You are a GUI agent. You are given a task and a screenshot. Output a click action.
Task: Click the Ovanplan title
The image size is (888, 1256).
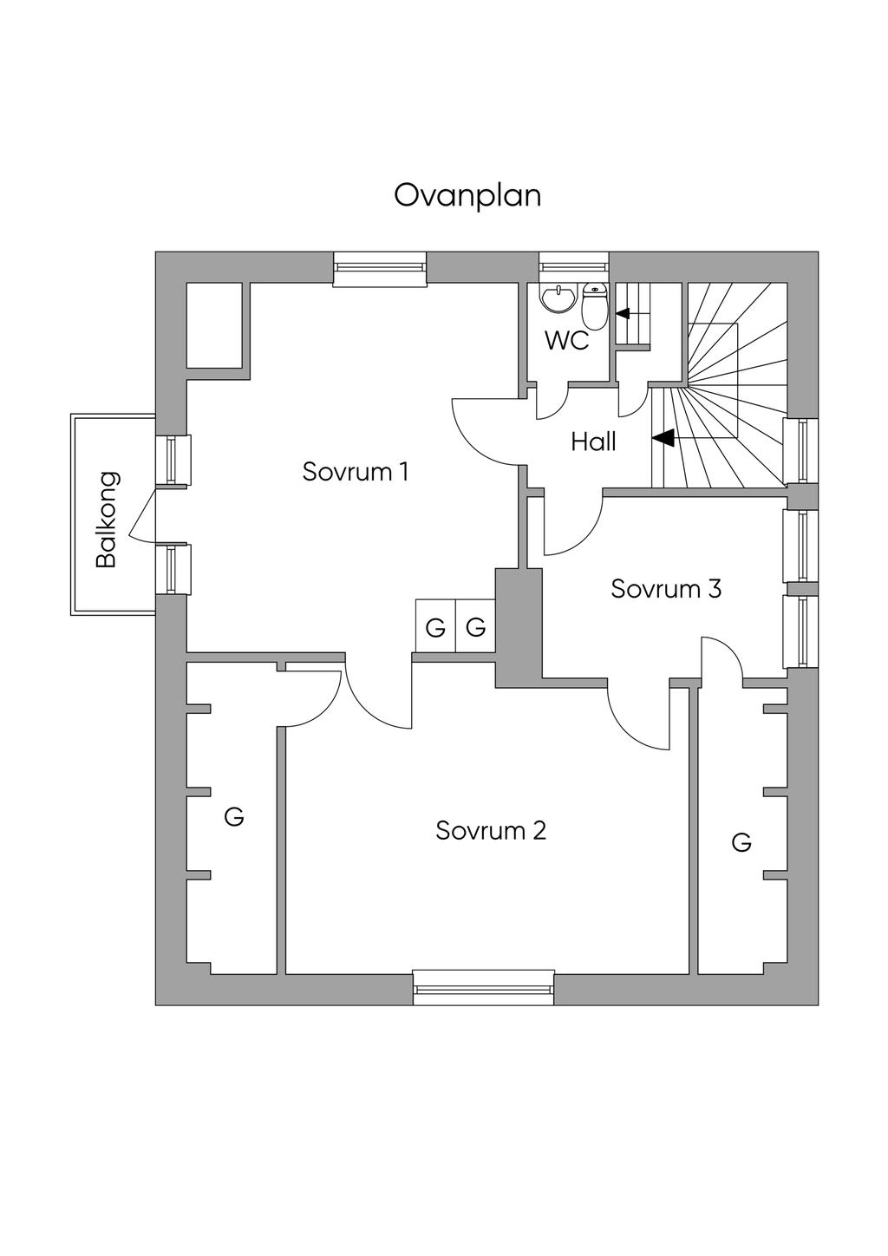[467, 195]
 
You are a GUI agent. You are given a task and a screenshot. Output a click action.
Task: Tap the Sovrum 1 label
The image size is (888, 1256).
[355, 472]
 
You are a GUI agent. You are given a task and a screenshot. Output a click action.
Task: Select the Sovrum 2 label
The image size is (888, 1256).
[491, 830]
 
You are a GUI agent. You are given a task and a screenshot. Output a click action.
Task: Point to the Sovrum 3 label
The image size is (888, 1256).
[666, 588]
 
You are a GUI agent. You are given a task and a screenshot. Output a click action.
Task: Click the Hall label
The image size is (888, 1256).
[593, 442]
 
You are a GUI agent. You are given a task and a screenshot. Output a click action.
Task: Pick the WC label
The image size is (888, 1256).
[566, 341]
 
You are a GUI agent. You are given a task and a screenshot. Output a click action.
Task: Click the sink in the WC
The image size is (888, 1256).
[558, 299]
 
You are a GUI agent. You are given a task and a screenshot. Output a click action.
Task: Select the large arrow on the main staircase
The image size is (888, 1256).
[663, 439]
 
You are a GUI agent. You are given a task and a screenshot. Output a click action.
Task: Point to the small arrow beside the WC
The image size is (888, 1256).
[623, 313]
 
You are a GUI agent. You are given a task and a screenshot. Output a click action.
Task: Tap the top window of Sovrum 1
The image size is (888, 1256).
[381, 269]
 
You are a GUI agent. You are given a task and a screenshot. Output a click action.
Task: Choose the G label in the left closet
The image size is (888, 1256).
[233, 816]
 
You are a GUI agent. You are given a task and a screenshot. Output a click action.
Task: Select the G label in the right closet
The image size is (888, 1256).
[741, 842]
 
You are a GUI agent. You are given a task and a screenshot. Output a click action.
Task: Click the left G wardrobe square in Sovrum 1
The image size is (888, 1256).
[435, 626]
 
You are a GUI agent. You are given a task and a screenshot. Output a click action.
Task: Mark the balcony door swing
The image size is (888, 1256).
[141, 520]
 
